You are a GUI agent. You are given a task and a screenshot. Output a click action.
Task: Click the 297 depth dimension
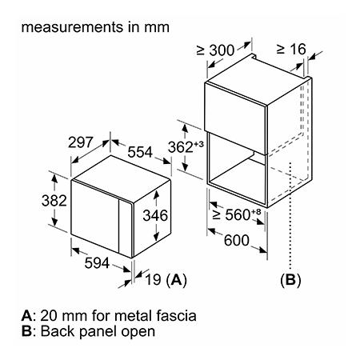(80, 142)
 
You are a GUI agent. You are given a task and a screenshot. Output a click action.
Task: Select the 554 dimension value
(140, 152)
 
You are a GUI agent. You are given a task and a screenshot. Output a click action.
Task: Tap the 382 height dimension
(54, 201)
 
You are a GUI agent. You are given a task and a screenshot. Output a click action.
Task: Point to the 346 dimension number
(155, 215)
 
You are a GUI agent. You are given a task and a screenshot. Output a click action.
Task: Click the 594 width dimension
(97, 263)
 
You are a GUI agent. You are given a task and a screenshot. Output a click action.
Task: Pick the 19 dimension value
(153, 280)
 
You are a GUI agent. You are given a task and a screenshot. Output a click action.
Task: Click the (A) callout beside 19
(176, 280)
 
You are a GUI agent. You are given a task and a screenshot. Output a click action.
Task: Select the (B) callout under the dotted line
(290, 280)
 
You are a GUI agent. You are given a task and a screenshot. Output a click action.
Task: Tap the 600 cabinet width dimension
(237, 241)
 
